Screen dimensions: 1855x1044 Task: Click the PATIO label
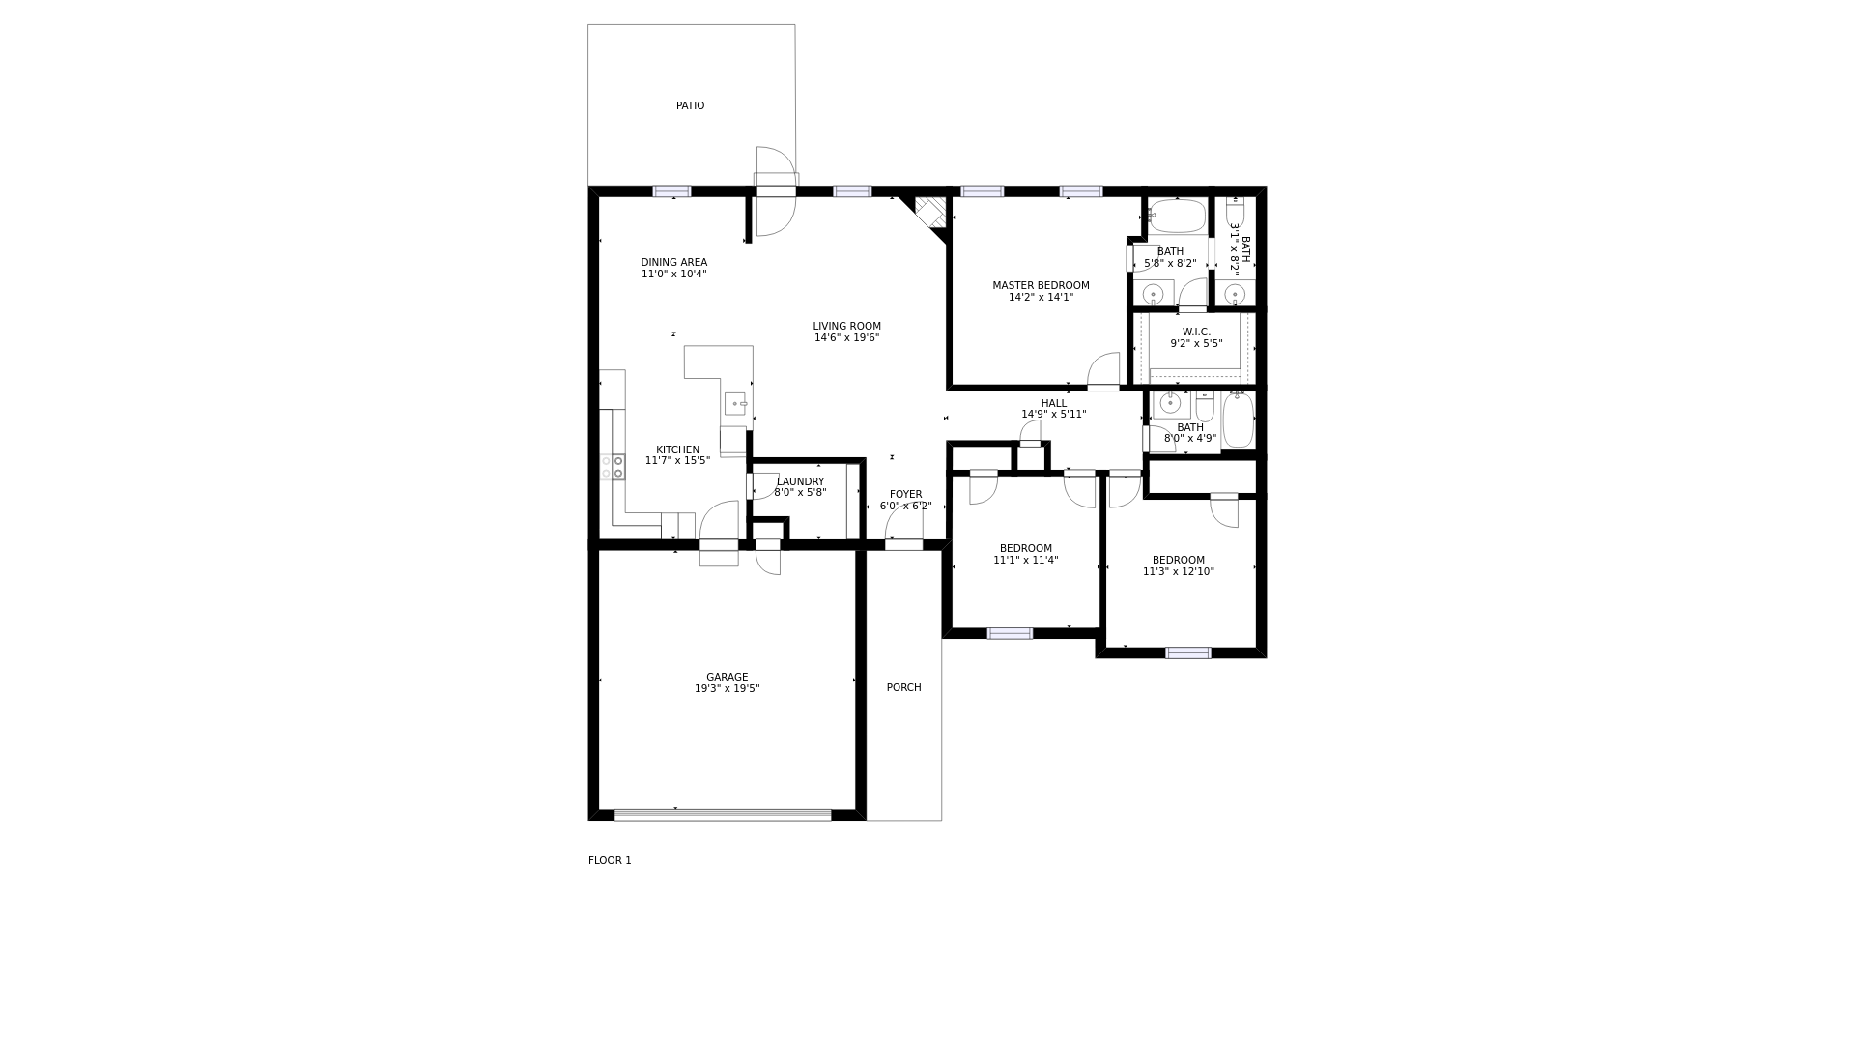(x=690, y=105)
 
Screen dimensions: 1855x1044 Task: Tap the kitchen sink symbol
(x=735, y=404)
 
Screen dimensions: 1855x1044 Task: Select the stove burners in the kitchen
(x=613, y=468)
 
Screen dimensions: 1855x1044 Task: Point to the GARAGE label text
(x=727, y=677)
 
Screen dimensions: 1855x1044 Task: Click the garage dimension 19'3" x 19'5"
(x=727, y=689)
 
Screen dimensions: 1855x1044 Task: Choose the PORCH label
(x=903, y=687)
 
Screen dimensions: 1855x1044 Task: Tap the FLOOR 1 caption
(x=610, y=860)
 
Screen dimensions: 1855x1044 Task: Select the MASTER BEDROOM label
(x=1041, y=285)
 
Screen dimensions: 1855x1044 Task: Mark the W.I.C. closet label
(x=1196, y=332)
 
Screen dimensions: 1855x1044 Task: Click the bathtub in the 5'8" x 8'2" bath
(x=1177, y=216)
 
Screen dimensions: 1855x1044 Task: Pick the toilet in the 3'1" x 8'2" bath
(x=1235, y=211)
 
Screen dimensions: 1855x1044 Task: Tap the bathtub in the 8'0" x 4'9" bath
(x=1238, y=420)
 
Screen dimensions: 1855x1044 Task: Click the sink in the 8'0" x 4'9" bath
(x=1171, y=404)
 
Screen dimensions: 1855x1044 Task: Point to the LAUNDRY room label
(x=800, y=481)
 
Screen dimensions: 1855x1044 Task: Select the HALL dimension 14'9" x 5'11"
(x=1054, y=415)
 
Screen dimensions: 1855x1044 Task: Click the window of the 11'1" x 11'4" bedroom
(x=1010, y=633)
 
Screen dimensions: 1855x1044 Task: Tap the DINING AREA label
(x=673, y=262)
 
